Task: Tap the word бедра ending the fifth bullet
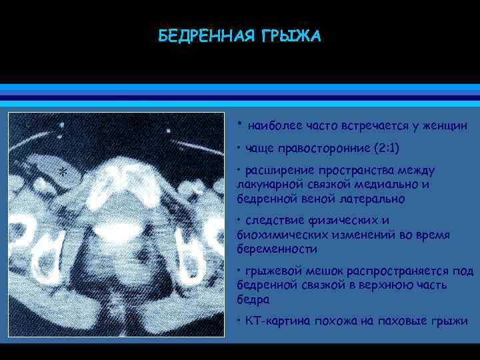251,299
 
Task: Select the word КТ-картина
276,322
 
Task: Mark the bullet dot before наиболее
240,123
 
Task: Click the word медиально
387,185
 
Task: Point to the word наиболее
273,125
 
